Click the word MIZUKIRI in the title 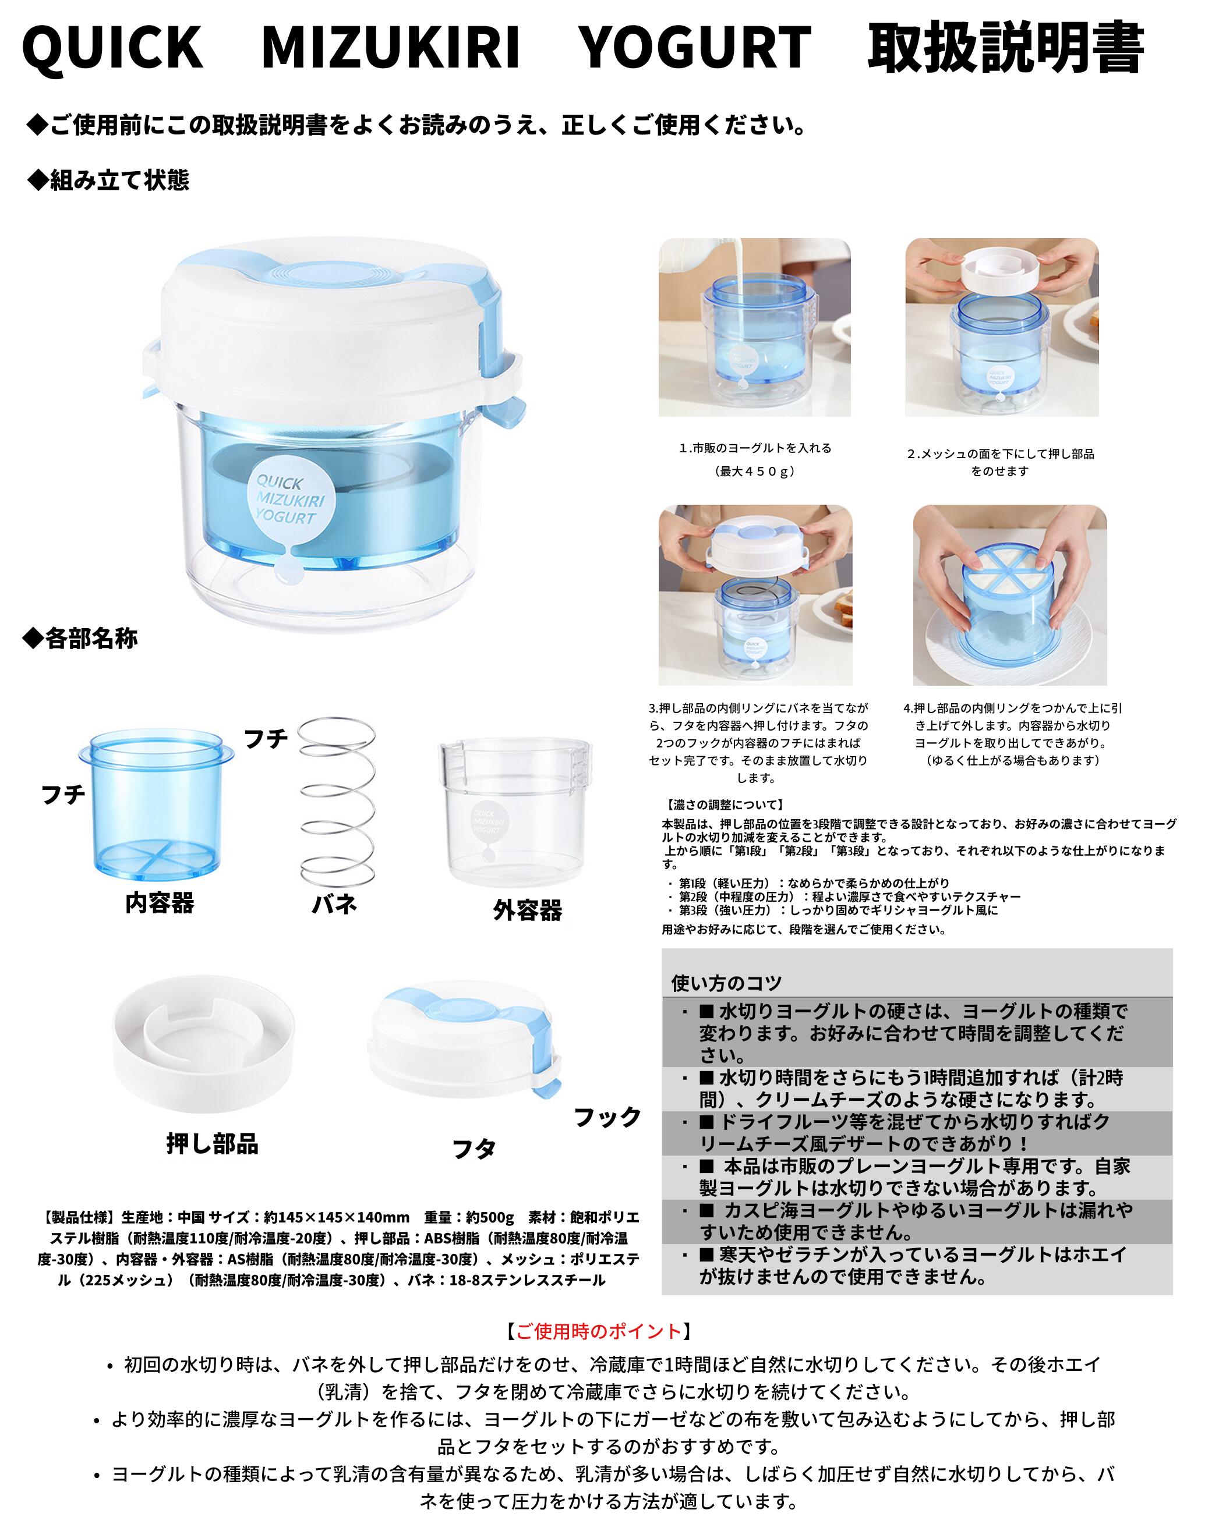pos(391,48)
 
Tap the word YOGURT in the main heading pos(695,48)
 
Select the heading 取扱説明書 pos(1005,48)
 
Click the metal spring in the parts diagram pos(336,802)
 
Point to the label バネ pos(334,904)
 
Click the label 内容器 pos(160,903)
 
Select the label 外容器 pos(527,910)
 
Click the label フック pos(607,1117)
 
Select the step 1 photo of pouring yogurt pos(754,327)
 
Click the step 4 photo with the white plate pos(1009,595)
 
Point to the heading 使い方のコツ pos(726,983)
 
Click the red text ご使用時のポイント pos(598,1331)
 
